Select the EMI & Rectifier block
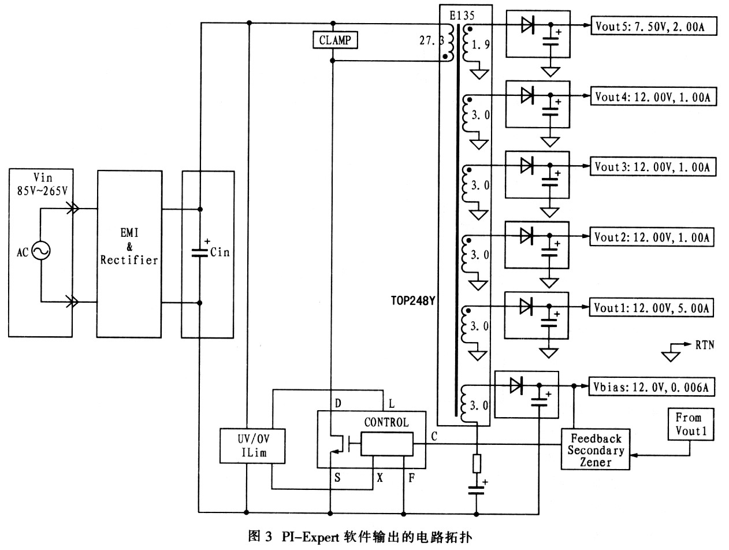point(129,254)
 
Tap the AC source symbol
point(41,251)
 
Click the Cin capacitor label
point(220,252)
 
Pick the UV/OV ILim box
point(254,445)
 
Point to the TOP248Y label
point(412,300)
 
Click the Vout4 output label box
point(653,98)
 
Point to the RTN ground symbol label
point(704,345)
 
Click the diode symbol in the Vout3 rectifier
point(526,166)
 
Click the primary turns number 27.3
point(430,42)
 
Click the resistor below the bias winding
point(477,464)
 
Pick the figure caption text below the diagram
point(360,537)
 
